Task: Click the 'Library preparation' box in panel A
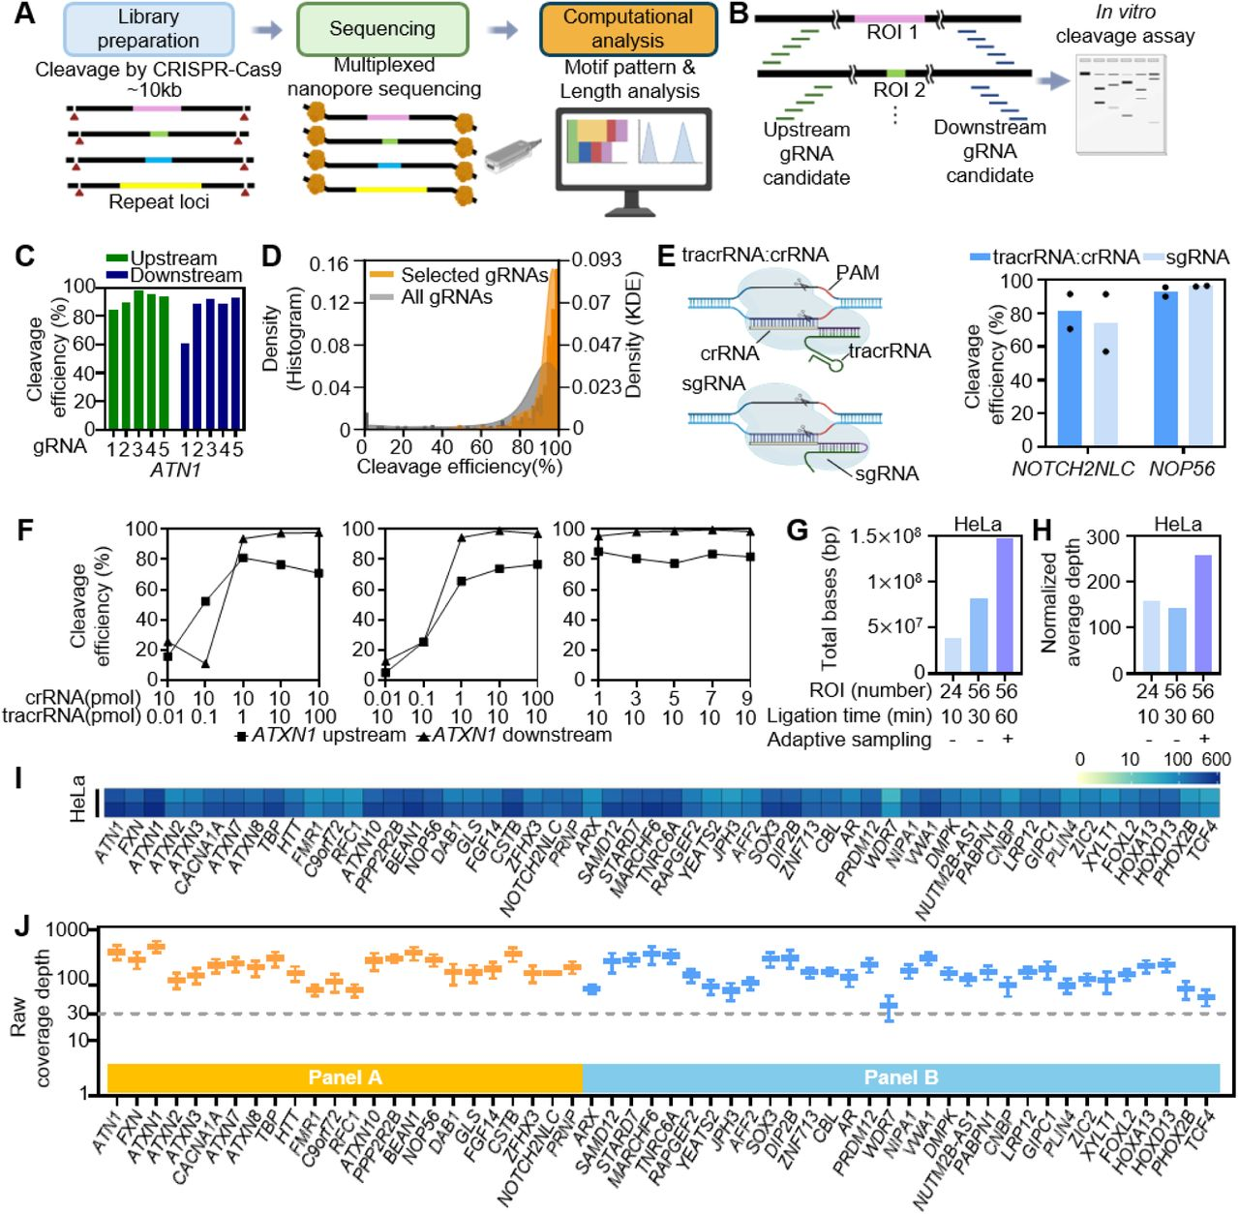[x=148, y=29]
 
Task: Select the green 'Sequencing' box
[x=382, y=29]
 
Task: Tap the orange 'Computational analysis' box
[x=628, y=29]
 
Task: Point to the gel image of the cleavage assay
[x=1121, y=104]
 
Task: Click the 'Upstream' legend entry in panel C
[x=162, y=258]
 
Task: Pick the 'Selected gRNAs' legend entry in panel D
[x=460, y=275]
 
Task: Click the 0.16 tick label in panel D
[x=329, y=265]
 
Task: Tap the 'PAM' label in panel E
[x=858, y=273]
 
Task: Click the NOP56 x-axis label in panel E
[x=1181, y=469]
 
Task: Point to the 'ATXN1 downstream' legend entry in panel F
[x=514, y=736]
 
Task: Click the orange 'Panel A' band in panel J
[x=345, y=1077]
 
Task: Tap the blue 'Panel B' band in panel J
[x=900, y=1077]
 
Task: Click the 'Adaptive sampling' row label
[x=849, y=740]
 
